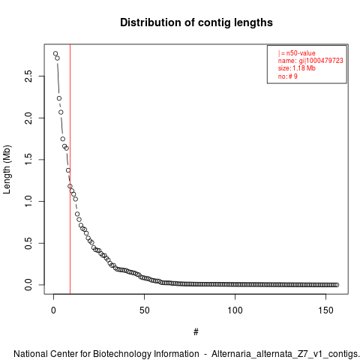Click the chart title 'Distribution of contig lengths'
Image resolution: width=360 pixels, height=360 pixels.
[196, 22]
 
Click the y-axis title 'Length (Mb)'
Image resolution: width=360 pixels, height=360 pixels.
[7, 169]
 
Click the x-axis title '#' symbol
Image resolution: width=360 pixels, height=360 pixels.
[196, 332]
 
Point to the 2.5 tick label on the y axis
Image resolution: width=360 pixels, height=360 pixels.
[28, 76]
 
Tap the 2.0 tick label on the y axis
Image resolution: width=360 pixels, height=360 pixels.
[28, 118]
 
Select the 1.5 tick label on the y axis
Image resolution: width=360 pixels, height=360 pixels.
[28, 160]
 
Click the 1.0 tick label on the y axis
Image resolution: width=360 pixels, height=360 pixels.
[28, 201]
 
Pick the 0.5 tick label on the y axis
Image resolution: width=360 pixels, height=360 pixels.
[28, 243]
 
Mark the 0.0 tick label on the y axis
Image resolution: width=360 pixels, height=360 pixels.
[28, 285]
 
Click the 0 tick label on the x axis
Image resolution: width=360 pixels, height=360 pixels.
[53, 310]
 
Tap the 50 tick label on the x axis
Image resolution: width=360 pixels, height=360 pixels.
[144, 310]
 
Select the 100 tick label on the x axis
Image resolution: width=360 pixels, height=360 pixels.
[235, 310]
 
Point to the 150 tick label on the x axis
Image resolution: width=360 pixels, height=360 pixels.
[325, 310]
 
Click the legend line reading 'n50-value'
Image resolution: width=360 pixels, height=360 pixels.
[297, 53]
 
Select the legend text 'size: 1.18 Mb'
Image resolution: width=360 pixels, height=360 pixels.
[297, 68]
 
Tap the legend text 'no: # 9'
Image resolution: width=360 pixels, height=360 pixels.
[288, 76]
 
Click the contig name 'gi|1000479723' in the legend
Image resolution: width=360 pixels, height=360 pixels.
[321, 61]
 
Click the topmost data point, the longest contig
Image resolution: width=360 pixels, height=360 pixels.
[55, 53]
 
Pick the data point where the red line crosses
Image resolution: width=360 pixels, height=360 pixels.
[70, 186]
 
